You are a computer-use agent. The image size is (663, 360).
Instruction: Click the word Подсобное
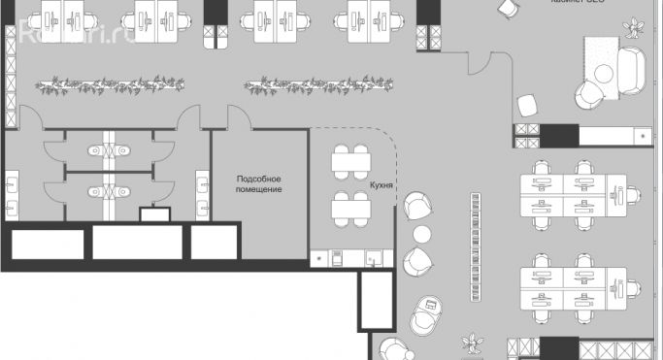(x=259, y=179)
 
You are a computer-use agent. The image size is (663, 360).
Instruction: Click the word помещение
(x=259, y=189)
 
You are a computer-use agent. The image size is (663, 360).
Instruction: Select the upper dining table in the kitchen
(x=350, y=160)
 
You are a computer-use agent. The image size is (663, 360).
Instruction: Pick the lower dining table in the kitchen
(x=350, y=207)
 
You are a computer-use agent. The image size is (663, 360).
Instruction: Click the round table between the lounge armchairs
(x=423, y=234)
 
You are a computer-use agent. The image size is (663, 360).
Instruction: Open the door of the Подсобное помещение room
(x=239, y=118)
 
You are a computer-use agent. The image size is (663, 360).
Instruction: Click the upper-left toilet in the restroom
(x=95, y=151)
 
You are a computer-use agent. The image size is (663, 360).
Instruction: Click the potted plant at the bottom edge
(x=473, y=344)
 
